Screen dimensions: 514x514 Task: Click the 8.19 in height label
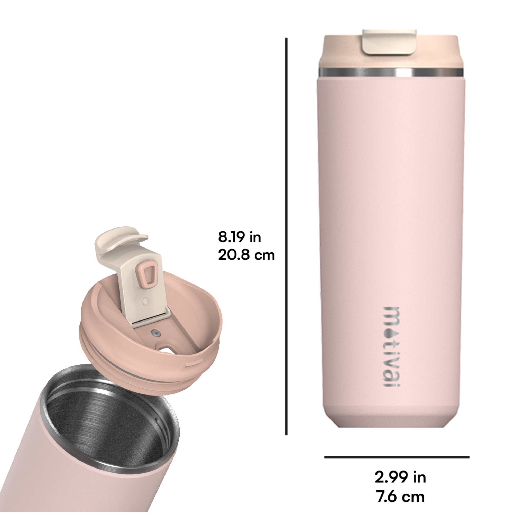(x=240, y=237)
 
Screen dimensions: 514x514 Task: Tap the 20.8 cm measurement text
(x=246, y=255)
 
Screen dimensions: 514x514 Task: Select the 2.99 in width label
(x=400, y=470)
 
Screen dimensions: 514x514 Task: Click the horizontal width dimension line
(x=397, y=450)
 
